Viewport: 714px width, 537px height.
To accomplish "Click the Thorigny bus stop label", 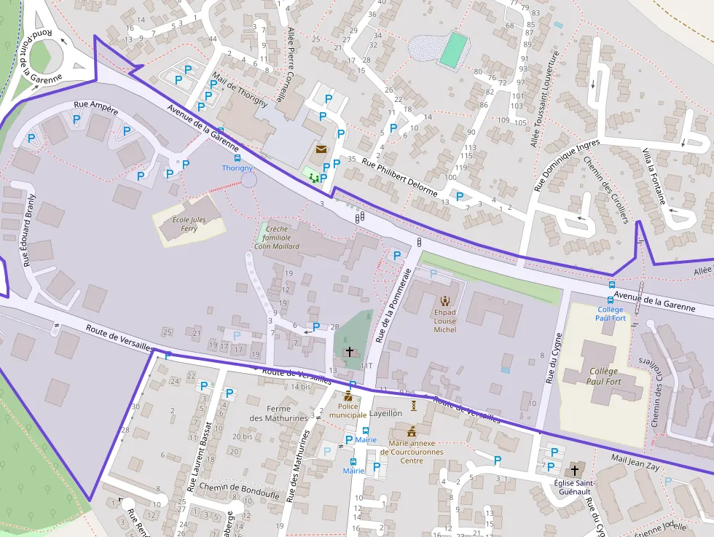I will click(x=237, y=168).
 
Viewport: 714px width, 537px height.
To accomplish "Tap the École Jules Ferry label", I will click(x=189, y=224).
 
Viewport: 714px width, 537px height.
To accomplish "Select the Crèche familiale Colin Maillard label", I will click(x=277, y=238).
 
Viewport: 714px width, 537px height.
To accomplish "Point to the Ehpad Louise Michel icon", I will click(x=444, y=299).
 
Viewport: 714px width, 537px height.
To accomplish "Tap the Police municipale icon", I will click(x=348, y=397).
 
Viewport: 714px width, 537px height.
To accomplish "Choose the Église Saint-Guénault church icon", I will click(x=576, y=470).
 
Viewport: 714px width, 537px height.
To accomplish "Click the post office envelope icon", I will click(x=321, y=149).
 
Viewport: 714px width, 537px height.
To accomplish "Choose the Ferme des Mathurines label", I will click(x=268, y=413).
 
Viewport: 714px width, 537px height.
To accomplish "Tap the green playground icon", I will click(x=313, y=177).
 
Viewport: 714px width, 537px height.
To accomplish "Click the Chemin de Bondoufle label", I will click(x=229, y=487).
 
